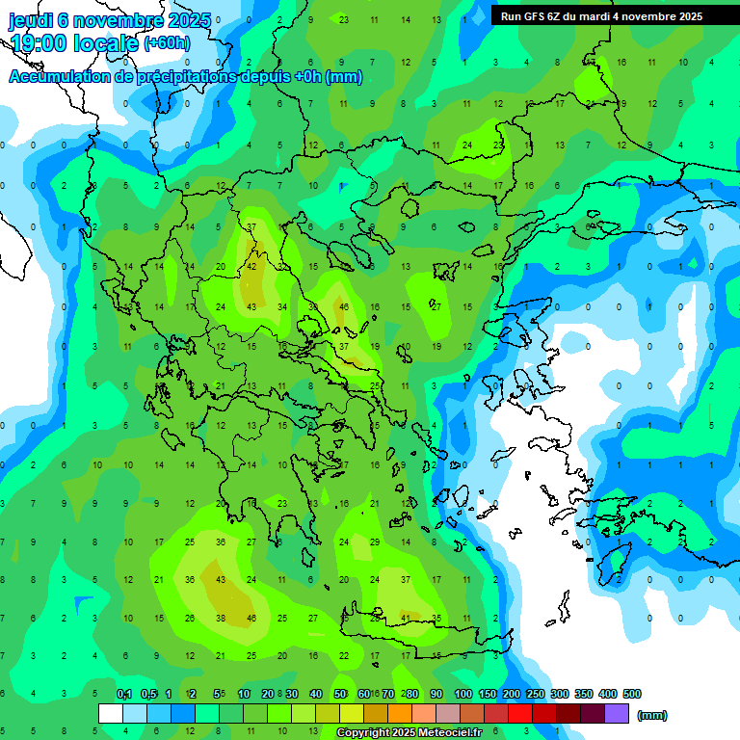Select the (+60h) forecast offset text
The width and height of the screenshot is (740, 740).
point(167,43)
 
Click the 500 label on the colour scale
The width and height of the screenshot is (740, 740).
point(632,694)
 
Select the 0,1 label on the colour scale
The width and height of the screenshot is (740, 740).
point(123,694)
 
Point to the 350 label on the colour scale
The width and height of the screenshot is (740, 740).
point(584,694)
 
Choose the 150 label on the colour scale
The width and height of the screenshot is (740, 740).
point(488,694)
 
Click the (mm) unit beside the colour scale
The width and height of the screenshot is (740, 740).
point(652,715)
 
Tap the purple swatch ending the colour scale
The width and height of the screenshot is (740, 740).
point(617,714)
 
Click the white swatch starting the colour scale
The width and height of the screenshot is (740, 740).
point(111,714)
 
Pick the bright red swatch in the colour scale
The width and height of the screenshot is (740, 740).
point(520,714)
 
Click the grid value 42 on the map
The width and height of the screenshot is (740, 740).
point(252,267)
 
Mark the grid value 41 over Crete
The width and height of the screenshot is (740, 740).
point(406,618)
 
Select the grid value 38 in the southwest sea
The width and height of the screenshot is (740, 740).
point(221,618)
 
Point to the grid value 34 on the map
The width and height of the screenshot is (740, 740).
point(282,307)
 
